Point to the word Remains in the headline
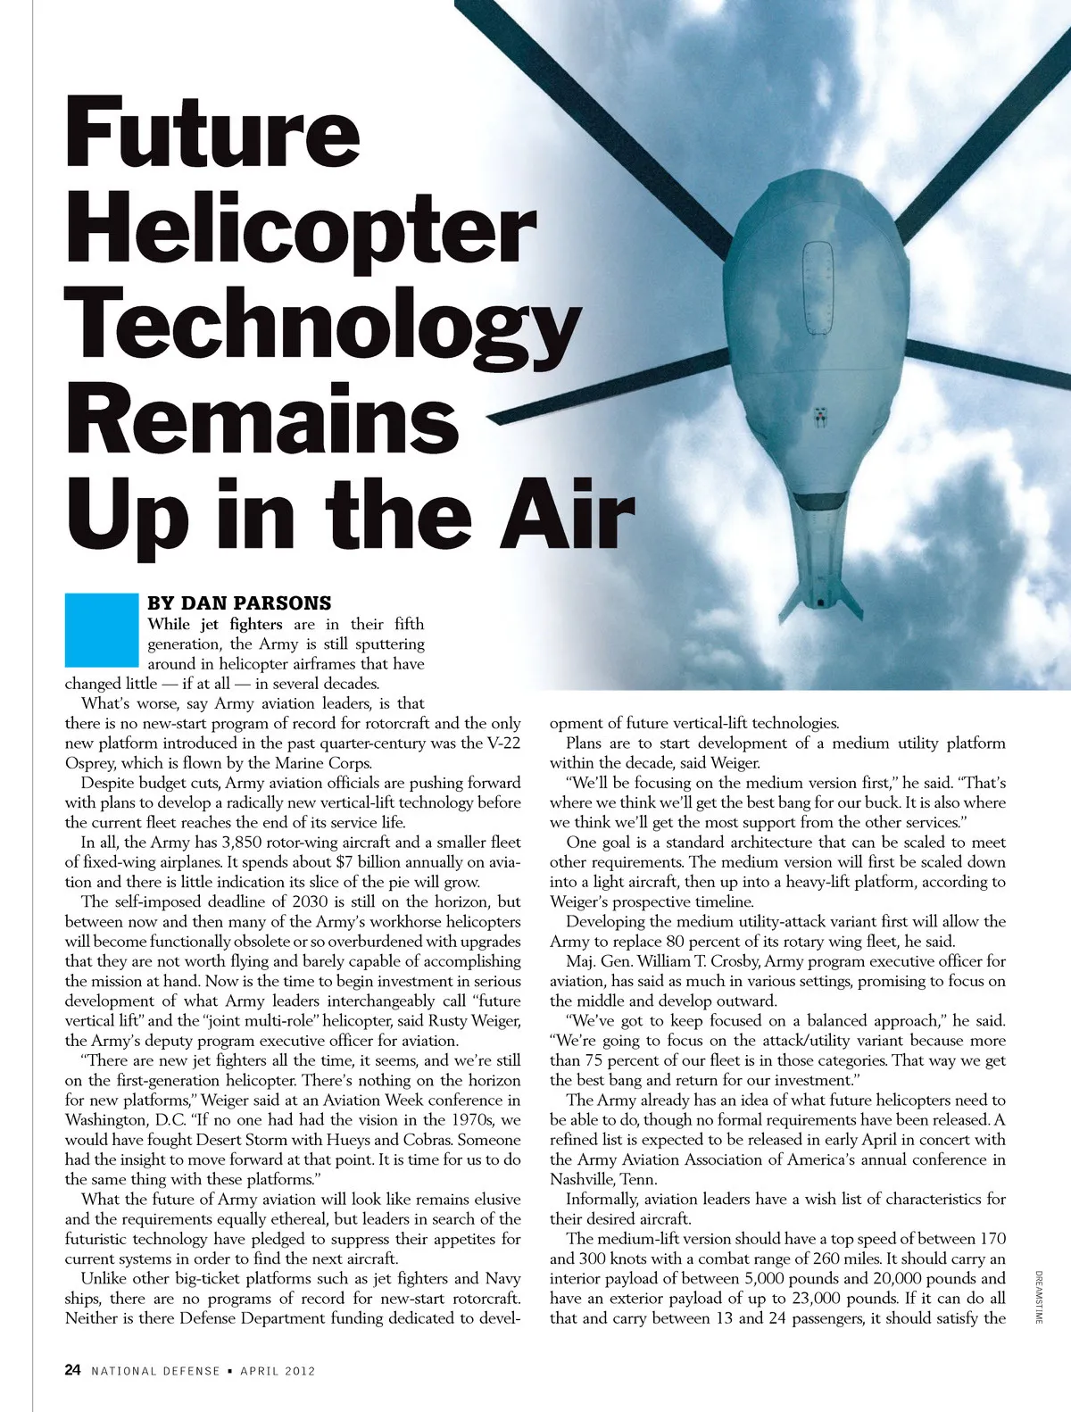coord(262,419)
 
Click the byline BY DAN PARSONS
coord(239,603)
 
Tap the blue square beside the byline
coord(101,630)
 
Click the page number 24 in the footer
coord(73,1370)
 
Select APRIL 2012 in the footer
coord(278,1371)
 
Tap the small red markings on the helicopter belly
coord(819,415)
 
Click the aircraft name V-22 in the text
coord(500,743)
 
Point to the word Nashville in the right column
coord(582,1180)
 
